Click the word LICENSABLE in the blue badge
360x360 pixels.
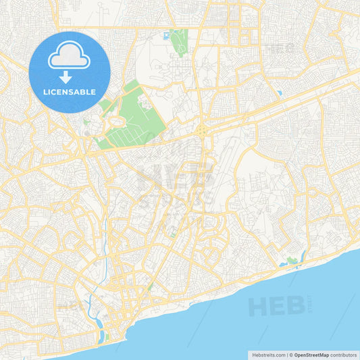click(x=70, y=91)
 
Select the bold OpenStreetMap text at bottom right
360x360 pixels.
click(x=311, y=354)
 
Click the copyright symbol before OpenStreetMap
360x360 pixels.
click(x=291, y=354)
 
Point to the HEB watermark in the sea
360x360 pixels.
click(x=277, y=306)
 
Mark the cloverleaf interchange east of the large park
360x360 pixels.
click(x=203, y=129)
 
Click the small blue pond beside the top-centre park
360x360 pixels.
click(x=165, y=34)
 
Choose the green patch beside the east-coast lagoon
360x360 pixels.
click(x=291, y=261)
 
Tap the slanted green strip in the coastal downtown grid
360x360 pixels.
click(x=149, y=288)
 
